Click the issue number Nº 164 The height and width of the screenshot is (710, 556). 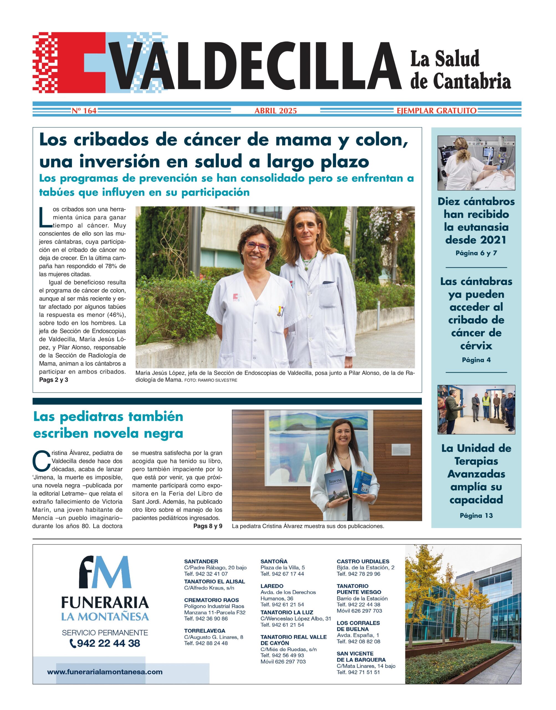[84, 111]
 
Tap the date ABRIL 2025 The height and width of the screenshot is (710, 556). [276, 111]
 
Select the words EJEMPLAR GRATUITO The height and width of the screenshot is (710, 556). [436, 111]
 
